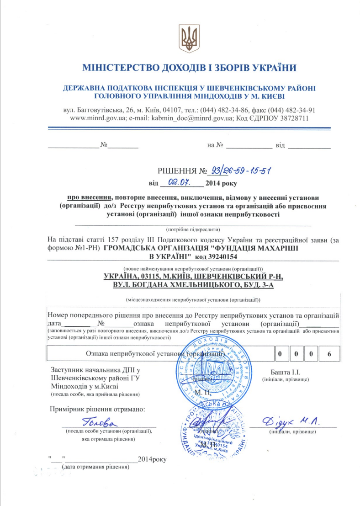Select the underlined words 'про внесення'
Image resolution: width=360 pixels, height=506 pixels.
tap(90, 197)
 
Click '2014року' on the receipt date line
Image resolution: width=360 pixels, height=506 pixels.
tap(153, 458)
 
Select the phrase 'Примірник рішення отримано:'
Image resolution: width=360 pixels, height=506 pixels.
tap(97, 408)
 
